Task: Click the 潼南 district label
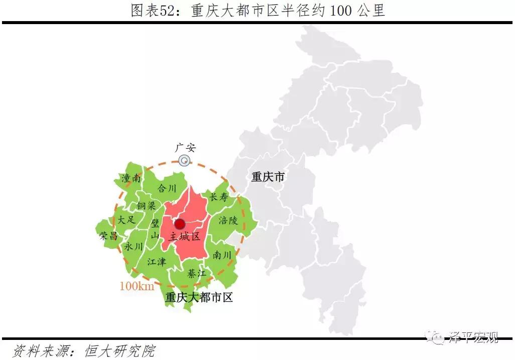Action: [x=132, y=178]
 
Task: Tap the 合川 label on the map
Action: [x=167, y=188]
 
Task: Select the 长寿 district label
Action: [x=218, y=197]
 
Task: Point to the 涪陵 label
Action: [x=228, y=220]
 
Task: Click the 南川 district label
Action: [x=222, y=255]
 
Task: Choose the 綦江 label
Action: [x=196, y=274]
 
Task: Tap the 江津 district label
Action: [x=157, y=262]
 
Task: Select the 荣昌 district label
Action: [x=108, y=235]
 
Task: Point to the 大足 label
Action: [x=126, y=219]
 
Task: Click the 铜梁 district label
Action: [x=146, y=206]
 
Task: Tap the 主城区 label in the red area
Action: [x=185, y=236]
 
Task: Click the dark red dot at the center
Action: [x=179, y=223]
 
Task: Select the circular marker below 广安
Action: [x=185, y=161]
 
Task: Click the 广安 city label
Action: [x=185, y=148]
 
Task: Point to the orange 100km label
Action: [x=137, y=286]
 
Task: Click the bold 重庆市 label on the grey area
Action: [x=268, y=177]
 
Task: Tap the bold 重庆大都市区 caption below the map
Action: [x=199, y=297]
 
